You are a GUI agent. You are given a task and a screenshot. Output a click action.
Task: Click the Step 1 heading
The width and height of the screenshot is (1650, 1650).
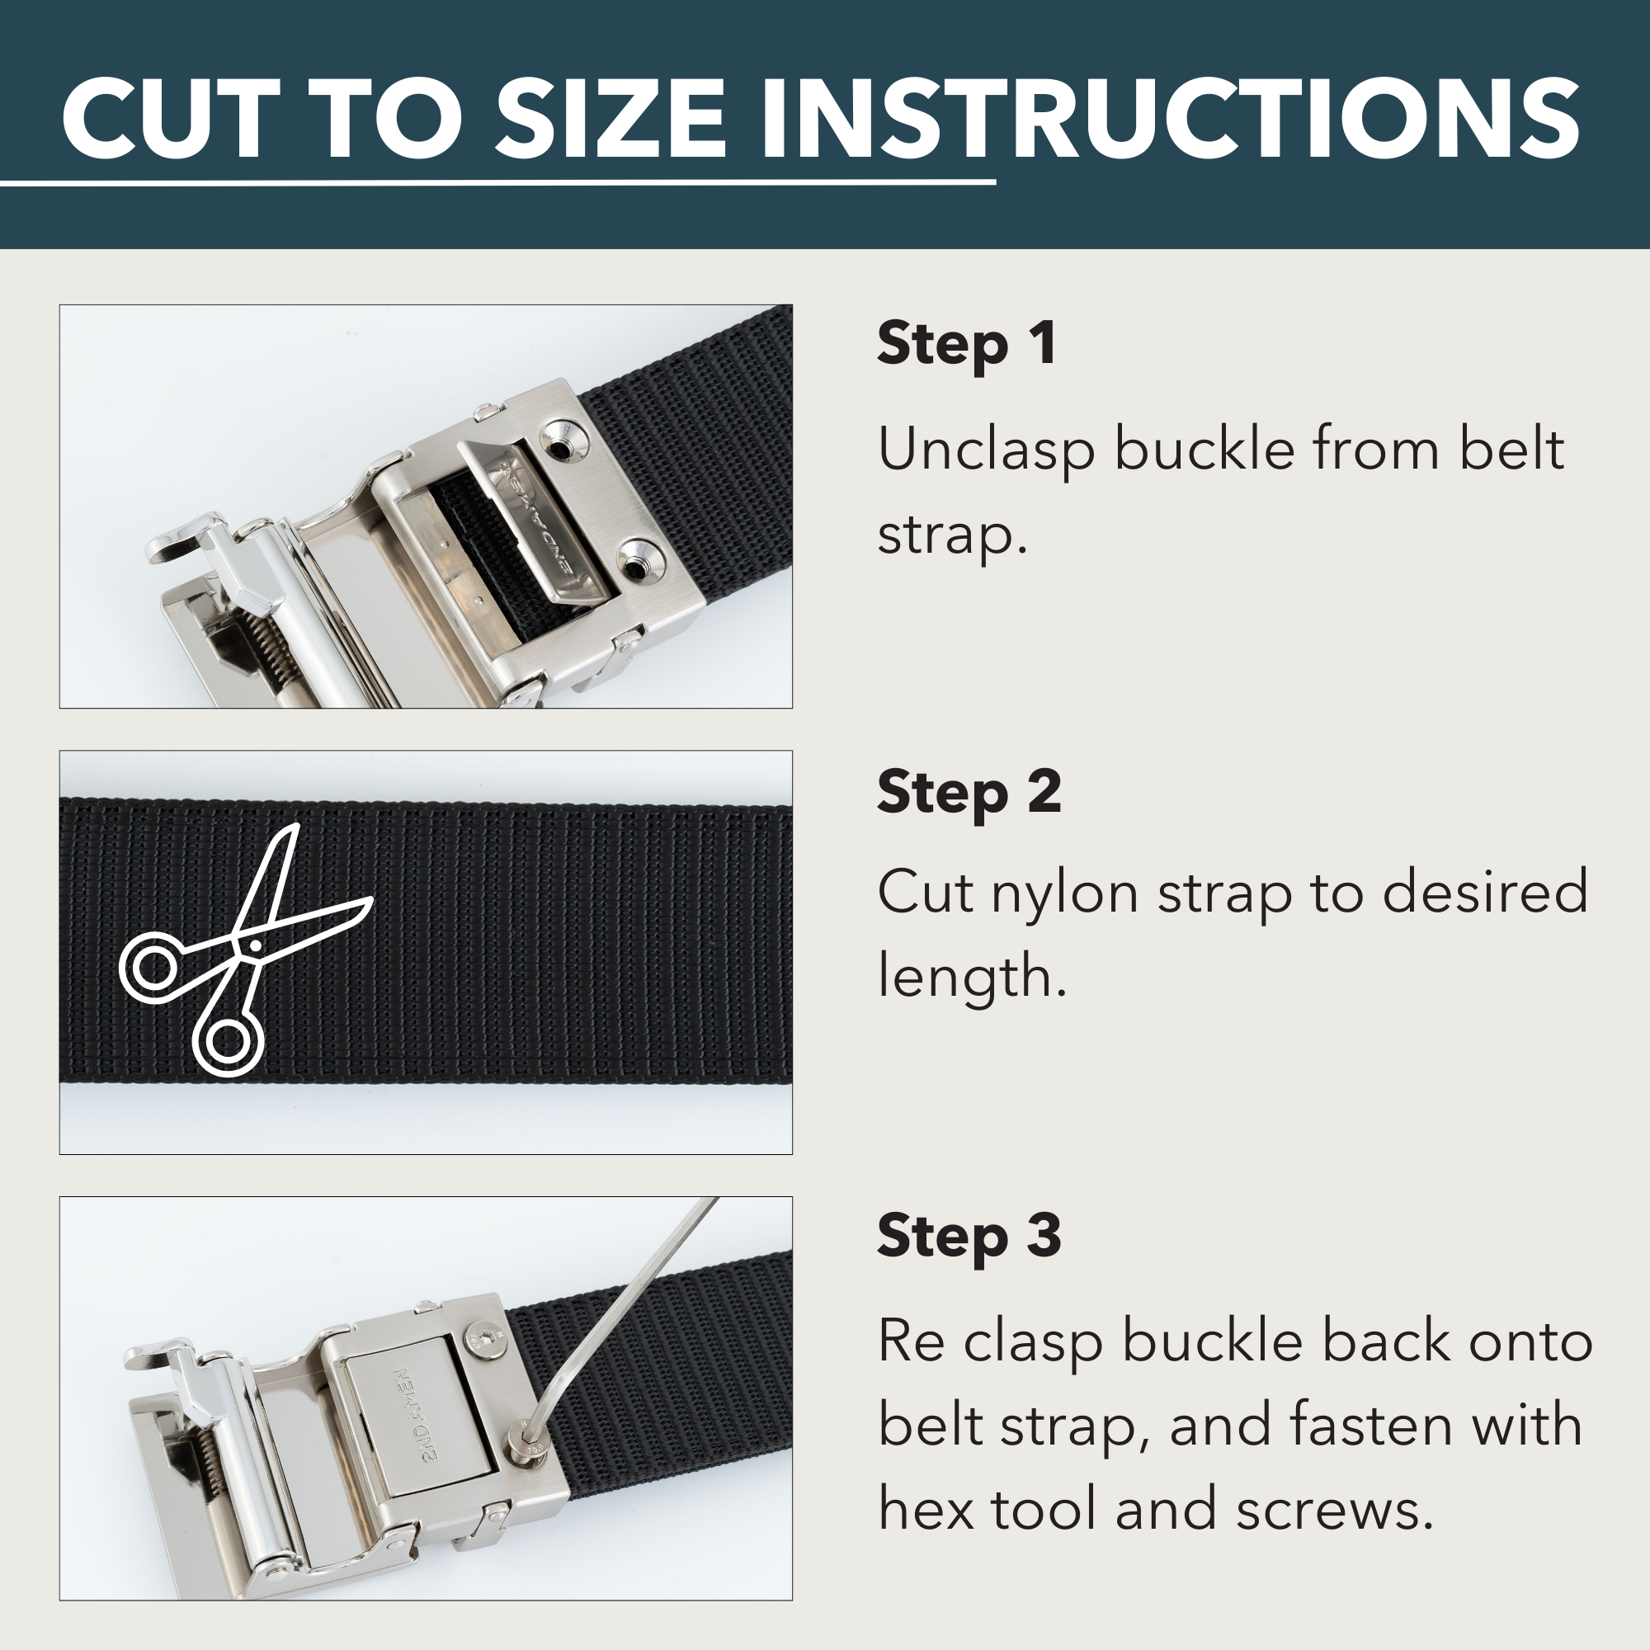[966, 344]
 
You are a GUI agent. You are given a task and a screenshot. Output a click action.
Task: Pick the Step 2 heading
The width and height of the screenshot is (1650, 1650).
[969, 793]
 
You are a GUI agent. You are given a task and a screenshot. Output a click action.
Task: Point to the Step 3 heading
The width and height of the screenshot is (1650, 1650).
[969, 1237]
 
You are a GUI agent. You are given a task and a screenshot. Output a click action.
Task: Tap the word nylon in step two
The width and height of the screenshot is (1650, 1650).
[1064, 893]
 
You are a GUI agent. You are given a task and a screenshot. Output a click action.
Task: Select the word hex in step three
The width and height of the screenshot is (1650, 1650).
[926, 1510]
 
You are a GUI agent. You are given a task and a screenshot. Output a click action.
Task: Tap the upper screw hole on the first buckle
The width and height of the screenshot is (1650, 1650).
[561, 445]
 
